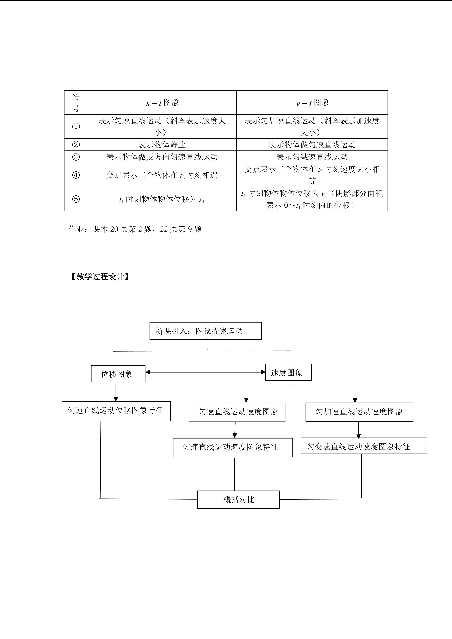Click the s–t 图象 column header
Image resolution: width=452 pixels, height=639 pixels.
tap(162, 103)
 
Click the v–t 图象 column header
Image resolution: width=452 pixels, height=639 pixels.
tap(312, 103)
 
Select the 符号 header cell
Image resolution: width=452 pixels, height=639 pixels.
tap(76, 102)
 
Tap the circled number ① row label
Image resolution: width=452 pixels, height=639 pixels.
tap(76, 127)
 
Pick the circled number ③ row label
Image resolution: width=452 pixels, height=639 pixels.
tap(76, 157)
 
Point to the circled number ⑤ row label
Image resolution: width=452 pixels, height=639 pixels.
tap(76, 199)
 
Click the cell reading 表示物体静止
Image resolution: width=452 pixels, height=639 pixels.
tap(162, 145)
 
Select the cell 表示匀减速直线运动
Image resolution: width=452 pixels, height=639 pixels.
tap(312, 157)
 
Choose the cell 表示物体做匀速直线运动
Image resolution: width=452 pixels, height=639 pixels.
tap(312, 145)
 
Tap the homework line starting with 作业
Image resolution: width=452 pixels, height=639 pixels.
tap(135, 229)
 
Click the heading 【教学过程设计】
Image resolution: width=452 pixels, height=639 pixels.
tap(100, 277)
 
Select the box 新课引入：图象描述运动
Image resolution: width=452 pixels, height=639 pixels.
tap(205, 331)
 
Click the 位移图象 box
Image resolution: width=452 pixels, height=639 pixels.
tap(118, 374)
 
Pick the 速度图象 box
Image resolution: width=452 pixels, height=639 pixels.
tap(288, 372)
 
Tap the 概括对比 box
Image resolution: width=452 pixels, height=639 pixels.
tap(238, 500)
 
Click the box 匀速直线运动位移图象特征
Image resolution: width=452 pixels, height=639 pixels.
tap(116, 411)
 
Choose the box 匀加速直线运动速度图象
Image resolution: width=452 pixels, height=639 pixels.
tap(359, 412)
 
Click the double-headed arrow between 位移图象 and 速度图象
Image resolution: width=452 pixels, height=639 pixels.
tap(205, 372)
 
